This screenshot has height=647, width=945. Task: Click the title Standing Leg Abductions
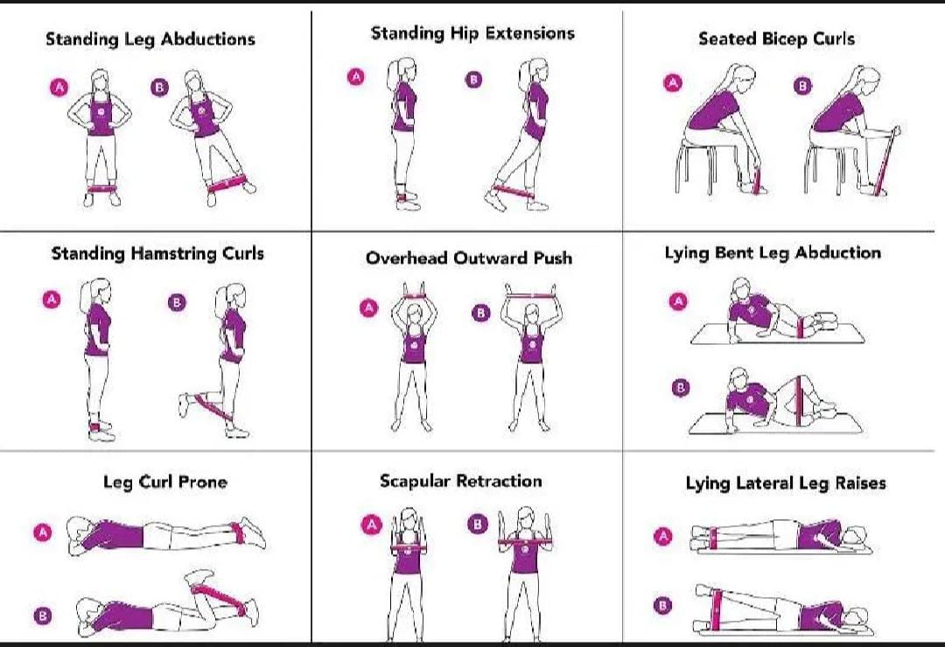coord(150,39)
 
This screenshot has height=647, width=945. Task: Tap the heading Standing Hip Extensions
coord(472,34)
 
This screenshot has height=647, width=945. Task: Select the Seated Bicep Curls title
coord(776,39)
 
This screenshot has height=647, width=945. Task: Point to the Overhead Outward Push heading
coord(468,258)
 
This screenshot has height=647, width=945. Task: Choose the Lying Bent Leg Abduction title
coord(773,254)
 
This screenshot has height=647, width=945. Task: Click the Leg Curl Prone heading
coord(164,482)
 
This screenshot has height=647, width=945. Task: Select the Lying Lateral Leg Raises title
coord(785,483)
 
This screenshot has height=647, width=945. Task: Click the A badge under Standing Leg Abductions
coord(59,87)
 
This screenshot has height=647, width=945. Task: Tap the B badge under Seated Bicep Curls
coord(802,86)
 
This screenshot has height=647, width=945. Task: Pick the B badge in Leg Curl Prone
coord(42,615)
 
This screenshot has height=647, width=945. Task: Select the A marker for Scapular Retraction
coord(373,524)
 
